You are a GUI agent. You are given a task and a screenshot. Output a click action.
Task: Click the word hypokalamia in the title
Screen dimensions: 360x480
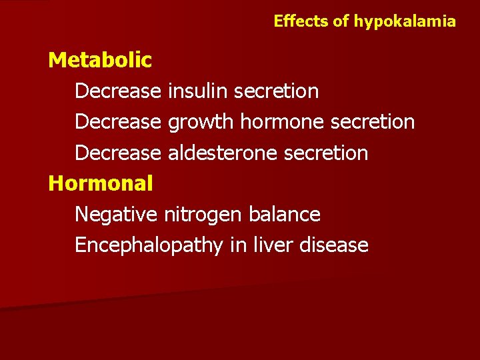coord(405,21)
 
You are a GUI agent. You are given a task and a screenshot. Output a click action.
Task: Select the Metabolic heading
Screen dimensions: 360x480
coord(100,60)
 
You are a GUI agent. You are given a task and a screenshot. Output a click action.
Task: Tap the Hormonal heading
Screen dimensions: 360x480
coord(101,183)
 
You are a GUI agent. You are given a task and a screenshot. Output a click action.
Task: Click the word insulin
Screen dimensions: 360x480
coord(197,91)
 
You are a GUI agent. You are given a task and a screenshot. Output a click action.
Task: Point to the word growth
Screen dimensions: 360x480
coord(201,122)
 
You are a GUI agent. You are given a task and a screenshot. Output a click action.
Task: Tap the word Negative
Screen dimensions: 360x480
coord(116,214)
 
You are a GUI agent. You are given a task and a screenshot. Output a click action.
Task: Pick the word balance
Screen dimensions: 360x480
coord(284,214)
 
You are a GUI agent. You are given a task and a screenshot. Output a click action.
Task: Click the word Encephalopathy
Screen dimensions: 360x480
coord(149,245)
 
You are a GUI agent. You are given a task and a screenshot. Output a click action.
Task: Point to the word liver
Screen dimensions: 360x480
coord(272,245)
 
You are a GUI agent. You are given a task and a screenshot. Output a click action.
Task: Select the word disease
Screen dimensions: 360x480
coord(334,245)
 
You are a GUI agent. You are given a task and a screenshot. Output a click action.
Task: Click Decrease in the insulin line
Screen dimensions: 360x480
coord(118,91)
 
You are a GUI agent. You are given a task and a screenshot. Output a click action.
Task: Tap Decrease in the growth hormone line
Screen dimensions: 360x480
coord(118,122)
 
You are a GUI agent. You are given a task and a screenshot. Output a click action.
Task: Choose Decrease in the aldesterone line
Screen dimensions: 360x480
coord(118,153)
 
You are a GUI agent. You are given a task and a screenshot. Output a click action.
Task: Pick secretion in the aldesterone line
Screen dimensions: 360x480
coord(326,153)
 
